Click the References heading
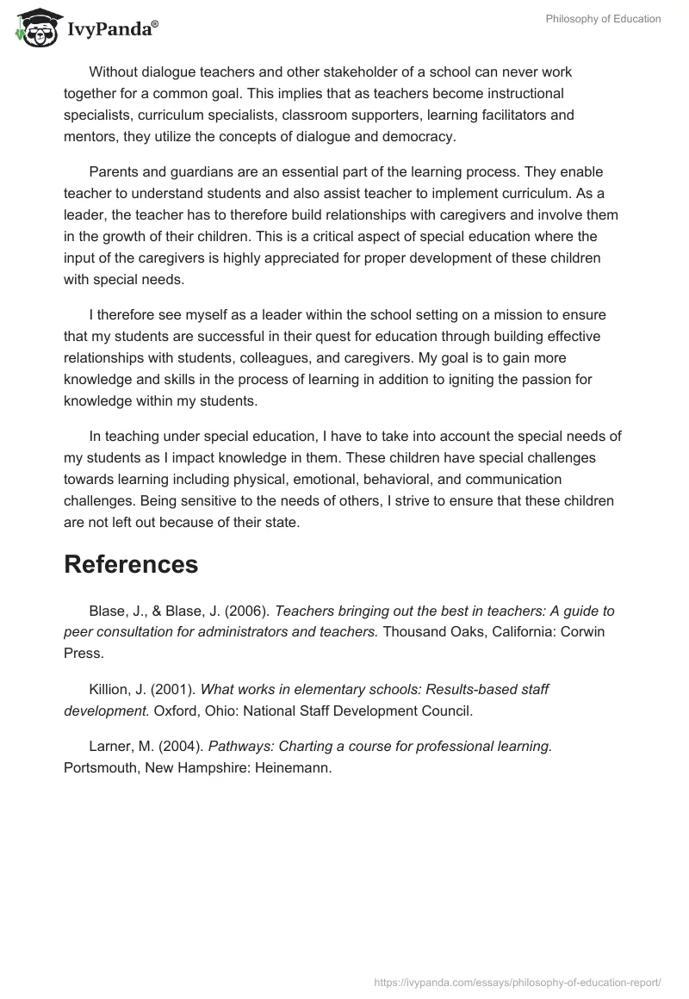click(131, 564)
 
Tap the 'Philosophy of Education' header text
click(603, 19)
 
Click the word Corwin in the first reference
click(585, 633)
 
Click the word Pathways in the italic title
click(233, 747)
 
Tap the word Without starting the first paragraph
click(117, 71)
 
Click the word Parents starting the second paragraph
click(115, 171)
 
